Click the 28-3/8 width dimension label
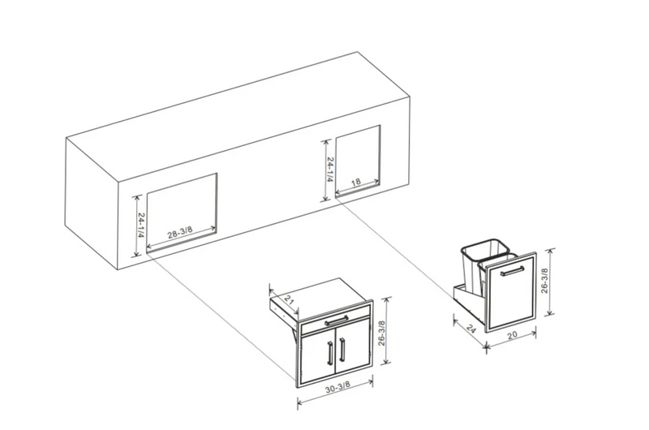[181, 233]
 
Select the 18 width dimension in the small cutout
[355, 183]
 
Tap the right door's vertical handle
[344, 352]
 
